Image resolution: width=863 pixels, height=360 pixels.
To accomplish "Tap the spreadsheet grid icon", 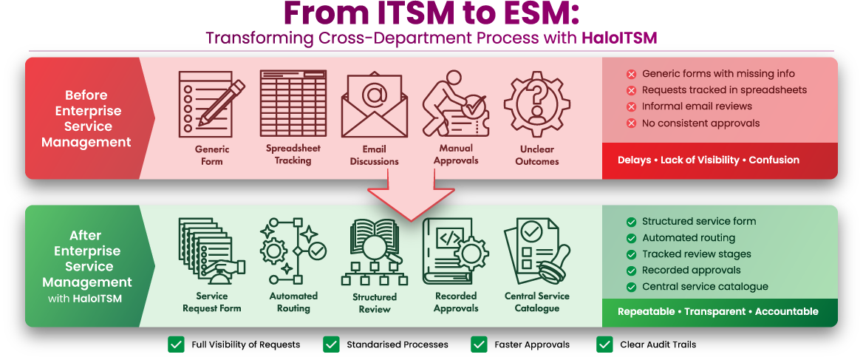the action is tap(293, 104).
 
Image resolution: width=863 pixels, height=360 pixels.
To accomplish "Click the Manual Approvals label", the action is tap(456, 154).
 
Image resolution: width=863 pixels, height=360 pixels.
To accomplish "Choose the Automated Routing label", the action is tap(293, 302).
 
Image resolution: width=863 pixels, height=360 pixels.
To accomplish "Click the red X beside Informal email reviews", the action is tap(631, 106).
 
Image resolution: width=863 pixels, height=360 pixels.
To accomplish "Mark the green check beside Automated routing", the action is tap(631, 238).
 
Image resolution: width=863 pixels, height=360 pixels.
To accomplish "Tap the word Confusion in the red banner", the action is tap(774, 160).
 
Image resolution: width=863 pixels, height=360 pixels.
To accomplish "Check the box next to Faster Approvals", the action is tap(479, 344).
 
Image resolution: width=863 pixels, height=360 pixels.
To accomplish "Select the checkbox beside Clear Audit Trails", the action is tap(604, 344).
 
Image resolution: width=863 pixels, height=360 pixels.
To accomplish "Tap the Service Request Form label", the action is tap(211, 302).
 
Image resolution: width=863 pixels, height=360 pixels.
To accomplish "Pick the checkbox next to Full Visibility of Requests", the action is tap(176, 344).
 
